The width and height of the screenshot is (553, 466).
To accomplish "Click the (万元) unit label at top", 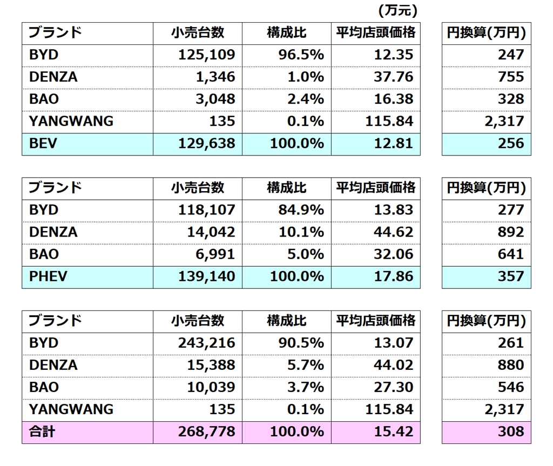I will (398, 10).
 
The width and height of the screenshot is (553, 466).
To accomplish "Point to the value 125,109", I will (207, 55).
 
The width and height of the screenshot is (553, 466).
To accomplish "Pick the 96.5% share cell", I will (301, 55).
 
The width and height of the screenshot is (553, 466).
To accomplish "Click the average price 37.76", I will (393, 77).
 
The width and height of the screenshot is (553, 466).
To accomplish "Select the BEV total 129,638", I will (207, 143).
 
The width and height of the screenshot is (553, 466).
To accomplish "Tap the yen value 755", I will (511, 77).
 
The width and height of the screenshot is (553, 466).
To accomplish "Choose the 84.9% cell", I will (301, 210).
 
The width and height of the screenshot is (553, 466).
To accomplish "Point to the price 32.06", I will (393, 254).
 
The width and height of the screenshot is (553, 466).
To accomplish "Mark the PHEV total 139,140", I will (207, 276).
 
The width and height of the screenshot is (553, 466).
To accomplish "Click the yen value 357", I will (511, 276).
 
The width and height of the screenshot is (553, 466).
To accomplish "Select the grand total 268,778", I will (207, 431).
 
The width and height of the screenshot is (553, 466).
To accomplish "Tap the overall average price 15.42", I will (393, 431).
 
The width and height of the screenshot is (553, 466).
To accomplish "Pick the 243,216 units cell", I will (207, 343).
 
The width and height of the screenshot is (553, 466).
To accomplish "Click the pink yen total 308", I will (511, 431).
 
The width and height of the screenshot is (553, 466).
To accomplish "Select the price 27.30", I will (393, 387).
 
